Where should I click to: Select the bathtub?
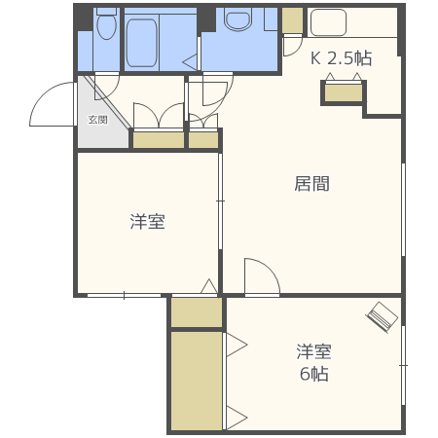156,41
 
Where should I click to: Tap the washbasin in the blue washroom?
237,20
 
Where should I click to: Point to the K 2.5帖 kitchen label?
341,58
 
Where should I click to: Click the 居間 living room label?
312,183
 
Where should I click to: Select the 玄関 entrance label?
97,120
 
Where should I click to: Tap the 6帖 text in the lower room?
313,374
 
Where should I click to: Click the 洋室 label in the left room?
147,223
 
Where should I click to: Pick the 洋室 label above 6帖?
313,351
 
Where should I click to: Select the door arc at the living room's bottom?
261,275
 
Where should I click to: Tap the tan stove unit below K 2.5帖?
343,93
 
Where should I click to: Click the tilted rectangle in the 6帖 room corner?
383,315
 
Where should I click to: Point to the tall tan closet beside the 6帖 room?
197,381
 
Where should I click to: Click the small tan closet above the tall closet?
197,312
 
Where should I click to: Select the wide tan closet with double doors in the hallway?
158,139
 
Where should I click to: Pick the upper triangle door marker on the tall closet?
235,344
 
